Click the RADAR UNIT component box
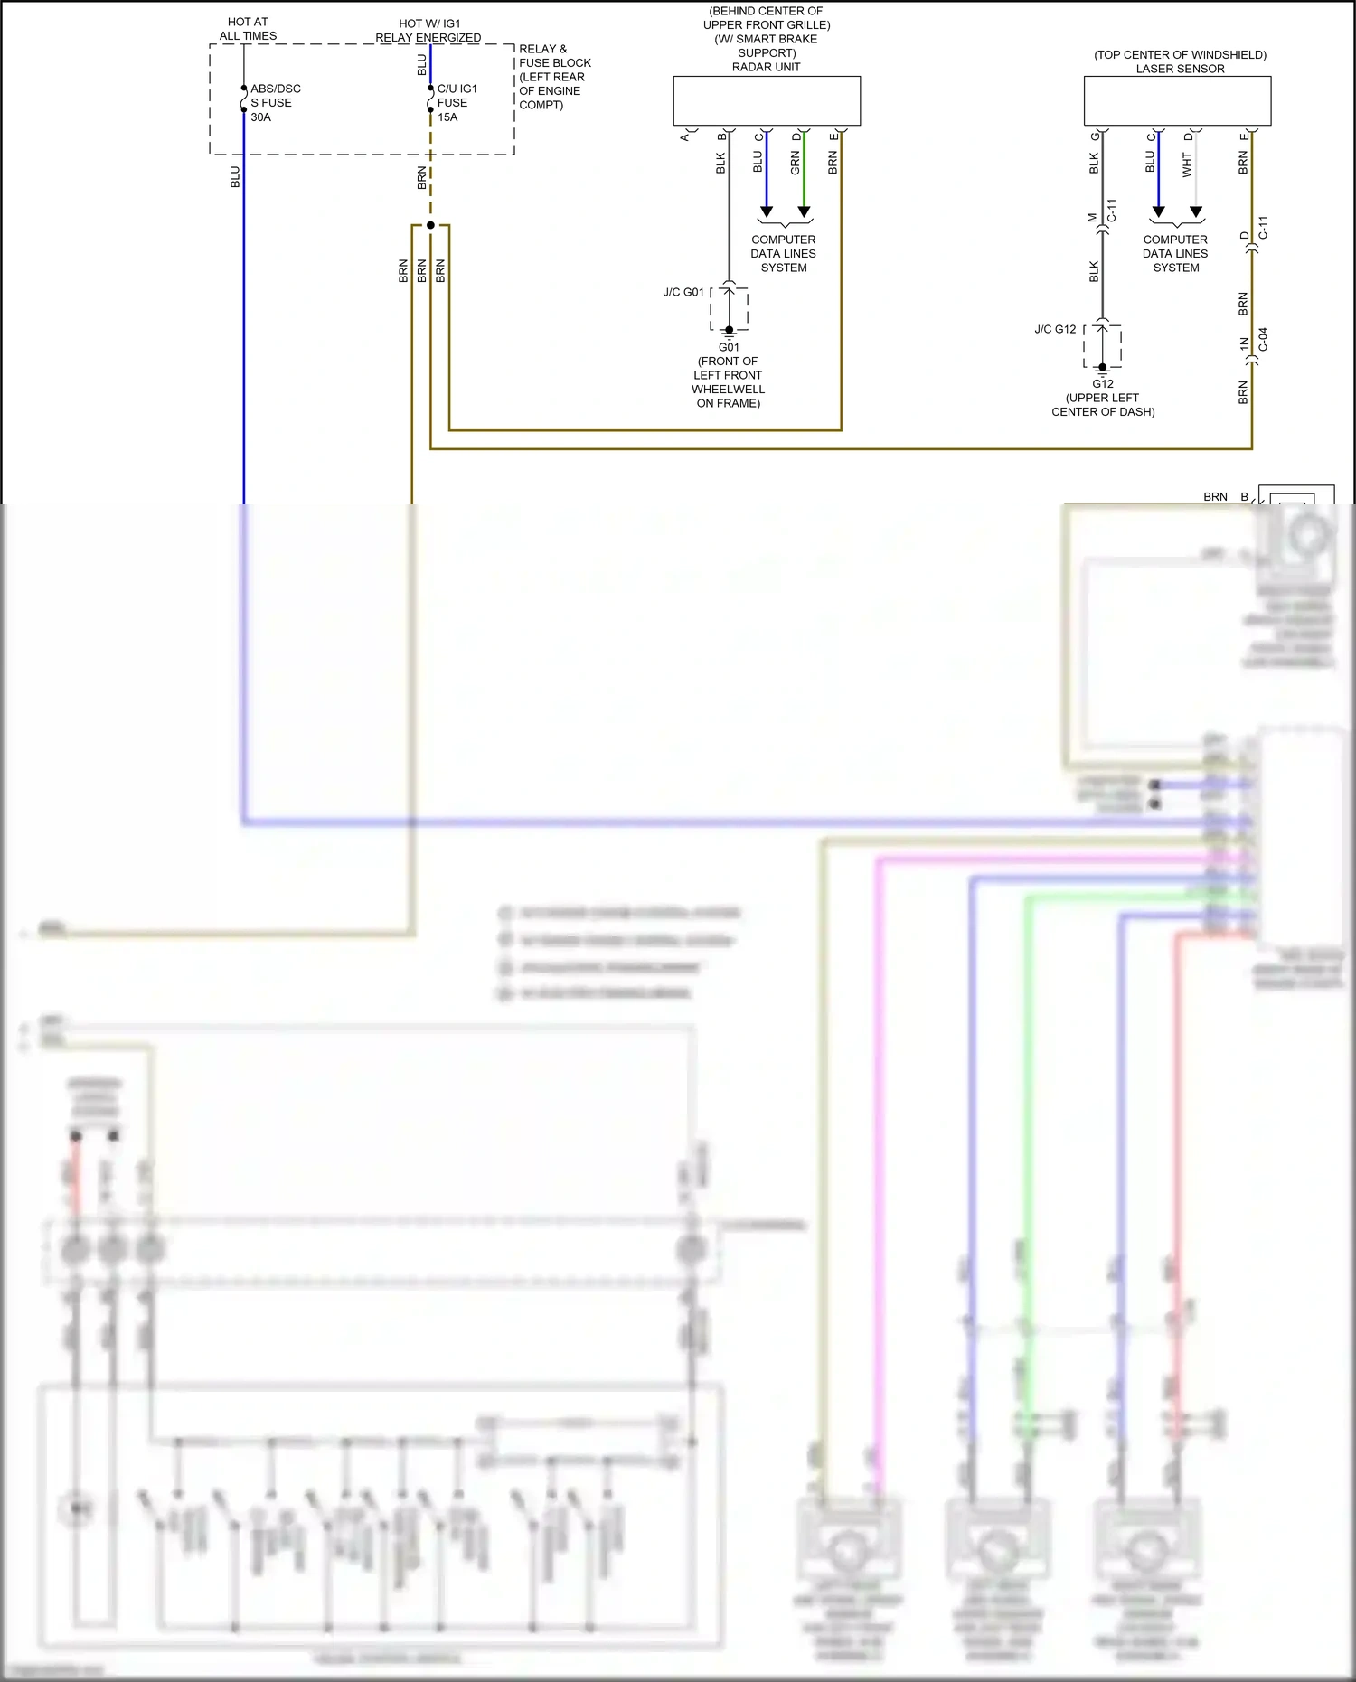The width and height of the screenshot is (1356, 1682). click(767, 100)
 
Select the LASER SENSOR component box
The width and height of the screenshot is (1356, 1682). click(1177, 100)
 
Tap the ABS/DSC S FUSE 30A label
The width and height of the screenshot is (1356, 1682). click(275, 103)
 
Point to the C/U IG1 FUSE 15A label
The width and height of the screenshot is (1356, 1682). click(457, 103)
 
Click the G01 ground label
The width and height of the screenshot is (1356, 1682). click(729, 347)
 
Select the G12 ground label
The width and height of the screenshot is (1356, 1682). click(1103, 383)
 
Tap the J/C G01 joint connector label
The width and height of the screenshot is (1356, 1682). click(683, 292)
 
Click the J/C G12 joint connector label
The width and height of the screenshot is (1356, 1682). click(1055, 329)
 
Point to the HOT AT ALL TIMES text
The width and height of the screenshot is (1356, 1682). click(248, 29)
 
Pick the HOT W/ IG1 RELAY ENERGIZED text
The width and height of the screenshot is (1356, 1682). click(428, 31)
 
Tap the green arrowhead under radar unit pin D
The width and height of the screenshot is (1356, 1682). click(804, 212)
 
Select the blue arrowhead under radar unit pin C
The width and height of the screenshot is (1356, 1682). click(767, 212)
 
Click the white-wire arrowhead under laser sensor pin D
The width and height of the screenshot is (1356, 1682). click(1196, 212)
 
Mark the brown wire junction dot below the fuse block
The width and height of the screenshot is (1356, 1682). click(430, 225)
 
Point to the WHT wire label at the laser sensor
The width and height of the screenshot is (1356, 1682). click(1187, 164)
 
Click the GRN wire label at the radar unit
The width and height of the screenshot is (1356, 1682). click(795, 164)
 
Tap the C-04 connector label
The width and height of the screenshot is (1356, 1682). click(1263, 340)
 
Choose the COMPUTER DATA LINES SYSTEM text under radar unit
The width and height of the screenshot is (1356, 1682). click(783, 254)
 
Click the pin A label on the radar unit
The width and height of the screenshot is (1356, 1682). click(684, 136)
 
